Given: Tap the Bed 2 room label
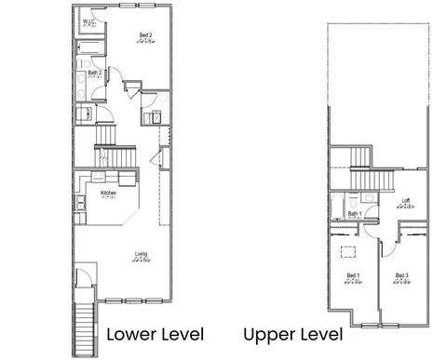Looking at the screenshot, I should (x=146, y=35).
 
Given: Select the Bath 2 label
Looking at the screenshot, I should (x=94, y=72).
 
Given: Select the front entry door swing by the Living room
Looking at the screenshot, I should (x=86, y=276).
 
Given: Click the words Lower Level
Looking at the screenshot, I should (x=151, y=334).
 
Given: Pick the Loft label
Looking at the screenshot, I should (x=405, y=201).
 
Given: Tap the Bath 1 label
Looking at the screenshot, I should (x=355, y=213).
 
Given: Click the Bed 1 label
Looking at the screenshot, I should (x=353, y=275).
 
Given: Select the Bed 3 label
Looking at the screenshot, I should (x=401, y=275).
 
